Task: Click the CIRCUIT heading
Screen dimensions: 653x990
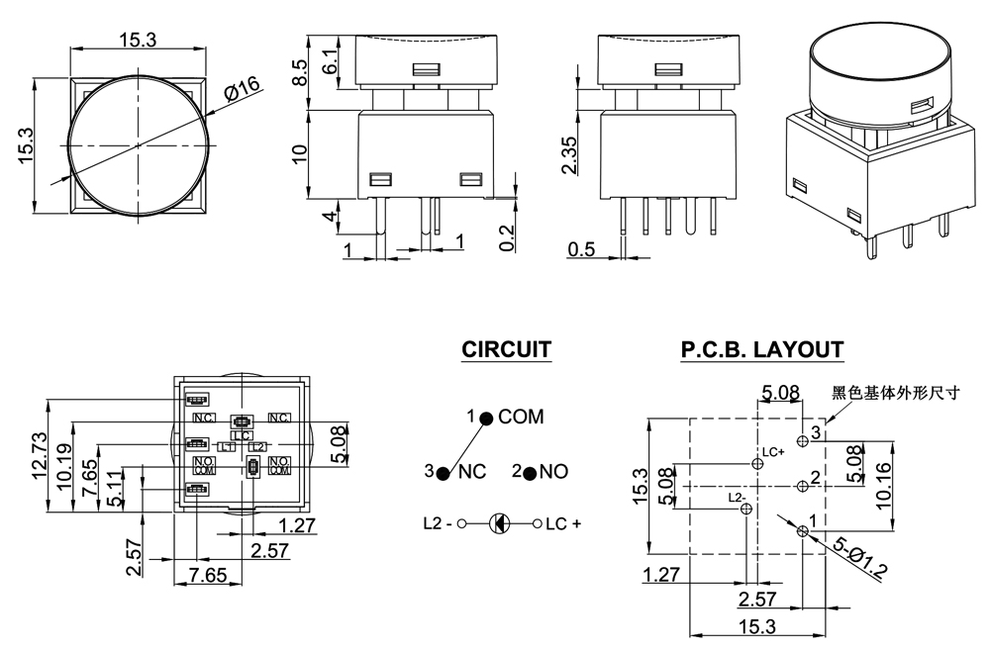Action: click(506, 349)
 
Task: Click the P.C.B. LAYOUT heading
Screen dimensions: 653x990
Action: click(761, 349)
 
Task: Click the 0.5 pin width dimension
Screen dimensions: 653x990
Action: click(581, 249)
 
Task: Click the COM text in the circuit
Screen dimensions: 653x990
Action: click(521, 417)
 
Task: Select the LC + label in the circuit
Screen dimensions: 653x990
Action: click(563, 523)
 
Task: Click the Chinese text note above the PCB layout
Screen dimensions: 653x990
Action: click(896, 392)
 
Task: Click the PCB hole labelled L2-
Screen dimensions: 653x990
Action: click(746, 509)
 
